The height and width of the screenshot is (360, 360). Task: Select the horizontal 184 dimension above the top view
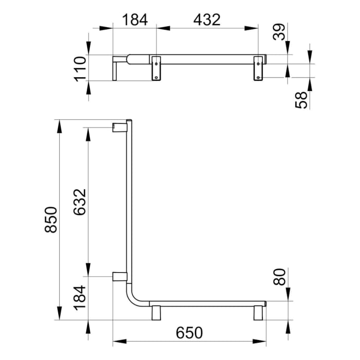click(x=135, y=20)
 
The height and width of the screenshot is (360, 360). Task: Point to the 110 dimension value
click(x=79, y=68)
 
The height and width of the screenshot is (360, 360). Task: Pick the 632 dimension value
click(x=81, y=203)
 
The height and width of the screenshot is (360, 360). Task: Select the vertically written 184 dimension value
click(x=81, y=297)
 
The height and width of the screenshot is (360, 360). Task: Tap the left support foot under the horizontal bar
click(x=156, y=312)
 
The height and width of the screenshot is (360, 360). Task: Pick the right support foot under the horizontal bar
click(x=258, y=312)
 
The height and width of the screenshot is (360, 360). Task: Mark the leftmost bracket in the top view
click(x=115, y=69)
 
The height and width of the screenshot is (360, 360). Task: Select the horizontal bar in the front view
click(x=206, y=303)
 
